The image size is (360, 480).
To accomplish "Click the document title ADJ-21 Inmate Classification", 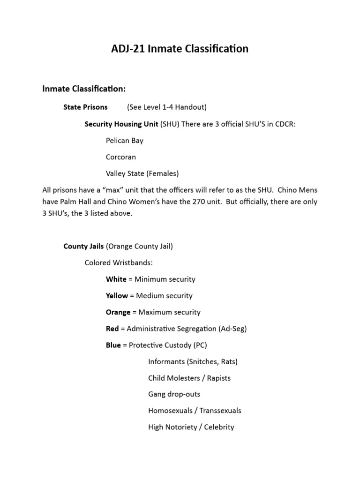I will (x=180, y=49).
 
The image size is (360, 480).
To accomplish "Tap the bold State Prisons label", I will (x=85, y=107).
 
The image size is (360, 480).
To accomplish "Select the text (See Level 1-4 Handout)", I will (x=166, y=107).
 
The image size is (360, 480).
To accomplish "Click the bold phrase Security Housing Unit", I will (x=121, y=124).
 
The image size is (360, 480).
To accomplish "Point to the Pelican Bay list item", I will (x=125, y=141).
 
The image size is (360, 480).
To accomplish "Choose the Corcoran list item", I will (x=121, y=157).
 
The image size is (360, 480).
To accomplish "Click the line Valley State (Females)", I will (x=142, y=173).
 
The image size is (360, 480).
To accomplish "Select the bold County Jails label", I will (x=83, y=246).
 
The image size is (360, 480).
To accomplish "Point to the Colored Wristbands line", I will (x=119, y=262).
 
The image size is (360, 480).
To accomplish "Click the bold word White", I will (x=116, y=279).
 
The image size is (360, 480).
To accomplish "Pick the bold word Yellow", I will (x=117, y=296).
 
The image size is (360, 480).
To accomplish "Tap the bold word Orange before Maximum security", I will (x=118, y=312).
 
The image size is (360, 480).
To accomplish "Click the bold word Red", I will (x=112, y=329).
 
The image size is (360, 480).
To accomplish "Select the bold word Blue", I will (x=113, y=345).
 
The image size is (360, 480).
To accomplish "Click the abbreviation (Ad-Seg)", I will (x=232, y=329).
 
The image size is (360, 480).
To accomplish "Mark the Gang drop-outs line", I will (x=174, y=394).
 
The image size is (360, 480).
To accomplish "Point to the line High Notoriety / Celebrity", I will (x=191, y=427).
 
